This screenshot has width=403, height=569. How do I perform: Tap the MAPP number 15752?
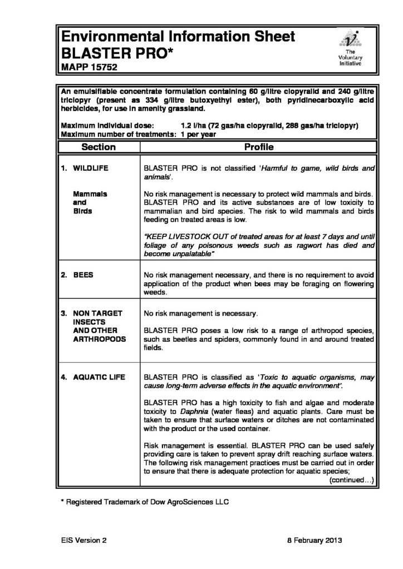tap(105, 68)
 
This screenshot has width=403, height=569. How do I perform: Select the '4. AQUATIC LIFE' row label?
tap(94, 378)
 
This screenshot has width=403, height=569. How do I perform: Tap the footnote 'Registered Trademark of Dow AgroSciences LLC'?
tap(148, 501)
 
